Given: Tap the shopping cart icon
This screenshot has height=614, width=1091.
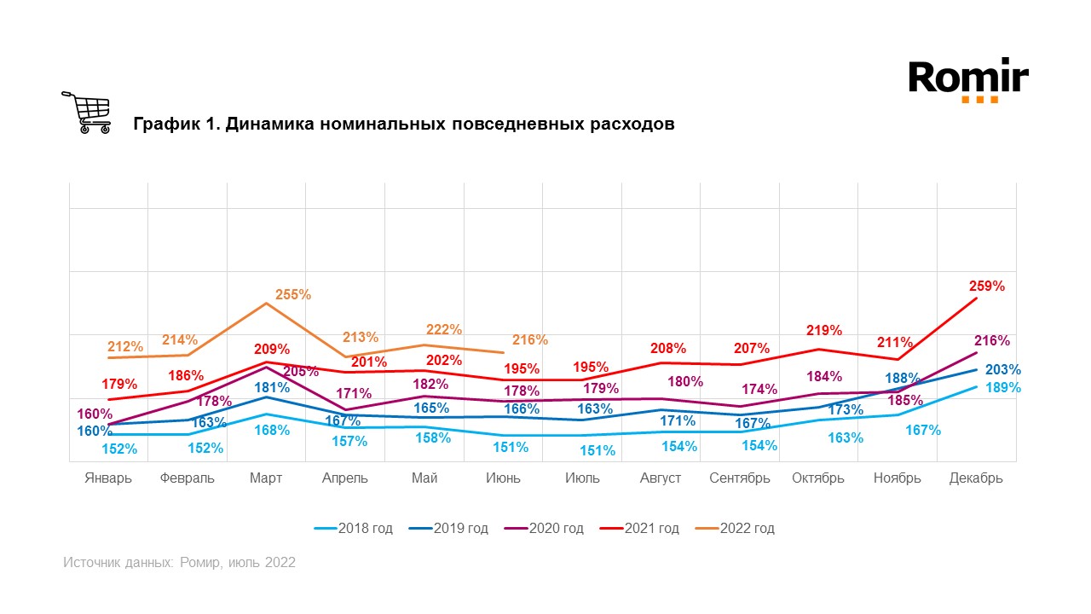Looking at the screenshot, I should point(87,113).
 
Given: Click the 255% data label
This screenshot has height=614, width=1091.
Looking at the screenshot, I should point(293,294).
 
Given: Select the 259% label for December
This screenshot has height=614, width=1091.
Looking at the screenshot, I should point(987,286).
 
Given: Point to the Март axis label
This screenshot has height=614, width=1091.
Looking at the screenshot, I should point(267,478).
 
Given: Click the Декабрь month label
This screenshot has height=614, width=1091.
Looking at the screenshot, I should point(976,478).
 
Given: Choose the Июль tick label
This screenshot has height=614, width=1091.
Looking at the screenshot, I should point(582,478).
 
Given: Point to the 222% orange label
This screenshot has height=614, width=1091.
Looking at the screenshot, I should point(444,329).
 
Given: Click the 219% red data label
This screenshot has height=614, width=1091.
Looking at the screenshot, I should point(824,330).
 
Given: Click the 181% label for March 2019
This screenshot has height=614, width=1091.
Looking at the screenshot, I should point(272,386).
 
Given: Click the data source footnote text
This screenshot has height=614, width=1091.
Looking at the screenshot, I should point(179,563).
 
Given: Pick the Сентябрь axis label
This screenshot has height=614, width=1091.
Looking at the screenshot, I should point(740,478).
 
